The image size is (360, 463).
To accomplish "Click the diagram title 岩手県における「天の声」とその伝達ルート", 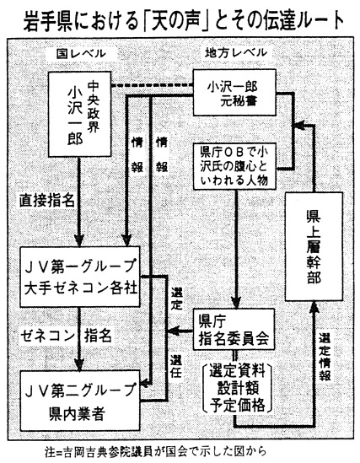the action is point(184,21).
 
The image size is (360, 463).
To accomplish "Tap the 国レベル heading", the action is point(81,53).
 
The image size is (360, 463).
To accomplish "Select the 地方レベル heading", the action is point(236,52).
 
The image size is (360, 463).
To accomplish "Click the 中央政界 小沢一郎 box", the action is point(79,114).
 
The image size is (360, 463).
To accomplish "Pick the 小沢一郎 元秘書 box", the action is point(234,92).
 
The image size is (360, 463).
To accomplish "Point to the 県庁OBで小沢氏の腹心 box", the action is point(234,166).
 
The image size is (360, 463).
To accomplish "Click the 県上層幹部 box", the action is point(314,246).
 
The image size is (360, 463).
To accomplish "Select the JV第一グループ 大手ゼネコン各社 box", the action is point(79,277).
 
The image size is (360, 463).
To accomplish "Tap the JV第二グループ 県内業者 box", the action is point(79,401).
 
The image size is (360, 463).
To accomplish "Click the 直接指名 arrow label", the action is point(47,201).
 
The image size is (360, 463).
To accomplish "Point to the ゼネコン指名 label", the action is point(66,336).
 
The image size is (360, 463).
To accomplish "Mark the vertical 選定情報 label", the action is point(325,358).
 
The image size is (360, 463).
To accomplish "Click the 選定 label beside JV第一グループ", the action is point(177,299).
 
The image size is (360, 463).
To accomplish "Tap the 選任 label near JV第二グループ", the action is point(175,367).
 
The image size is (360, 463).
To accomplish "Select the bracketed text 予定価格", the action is point(237,405).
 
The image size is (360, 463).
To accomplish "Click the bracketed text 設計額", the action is point(237,388).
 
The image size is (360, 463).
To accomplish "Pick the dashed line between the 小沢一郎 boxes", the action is point(152,86).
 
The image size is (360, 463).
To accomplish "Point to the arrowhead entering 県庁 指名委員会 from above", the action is point(236,303).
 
